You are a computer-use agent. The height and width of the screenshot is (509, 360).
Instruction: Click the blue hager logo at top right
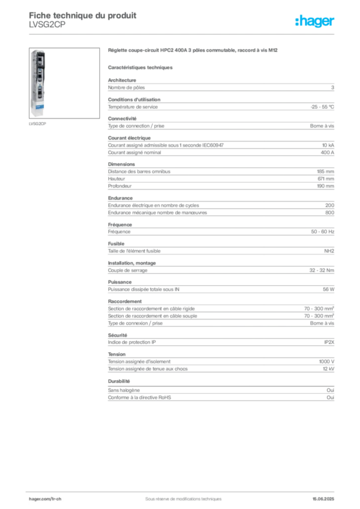(x=315, y=22)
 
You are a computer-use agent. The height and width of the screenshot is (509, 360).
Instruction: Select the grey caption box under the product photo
(x=38, y=124)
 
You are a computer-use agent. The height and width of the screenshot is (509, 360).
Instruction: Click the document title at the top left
(x=82, y=15)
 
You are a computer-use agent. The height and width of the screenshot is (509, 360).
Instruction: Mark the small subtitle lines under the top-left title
(x=47, y=28)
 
